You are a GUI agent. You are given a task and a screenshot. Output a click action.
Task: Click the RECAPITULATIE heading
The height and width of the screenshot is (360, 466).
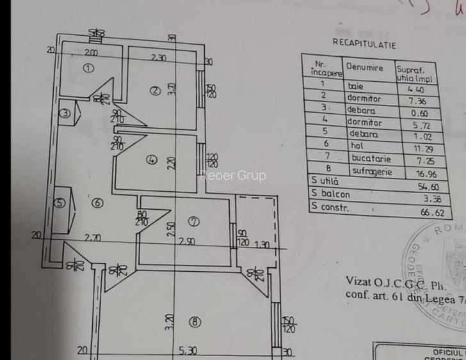coord(364,45)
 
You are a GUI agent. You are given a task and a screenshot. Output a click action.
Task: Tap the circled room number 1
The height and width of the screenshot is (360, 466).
coord(88,68)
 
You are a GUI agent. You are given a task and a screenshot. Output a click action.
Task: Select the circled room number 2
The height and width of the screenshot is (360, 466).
coord(154,91)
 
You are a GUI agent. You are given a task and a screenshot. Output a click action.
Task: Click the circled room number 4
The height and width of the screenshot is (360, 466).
coord(151,160)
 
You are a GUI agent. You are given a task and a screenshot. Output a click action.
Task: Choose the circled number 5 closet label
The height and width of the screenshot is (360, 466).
coord(61,203)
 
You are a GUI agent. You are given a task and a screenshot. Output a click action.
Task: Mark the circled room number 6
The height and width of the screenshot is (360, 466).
coord(97,203)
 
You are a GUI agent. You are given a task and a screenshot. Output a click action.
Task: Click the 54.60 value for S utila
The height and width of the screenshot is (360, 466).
coord(426,186)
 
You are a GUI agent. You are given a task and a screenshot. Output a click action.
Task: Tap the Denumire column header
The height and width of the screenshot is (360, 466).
coord(365,67)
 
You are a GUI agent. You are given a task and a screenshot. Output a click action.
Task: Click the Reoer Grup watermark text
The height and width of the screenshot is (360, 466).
coord(233,175)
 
